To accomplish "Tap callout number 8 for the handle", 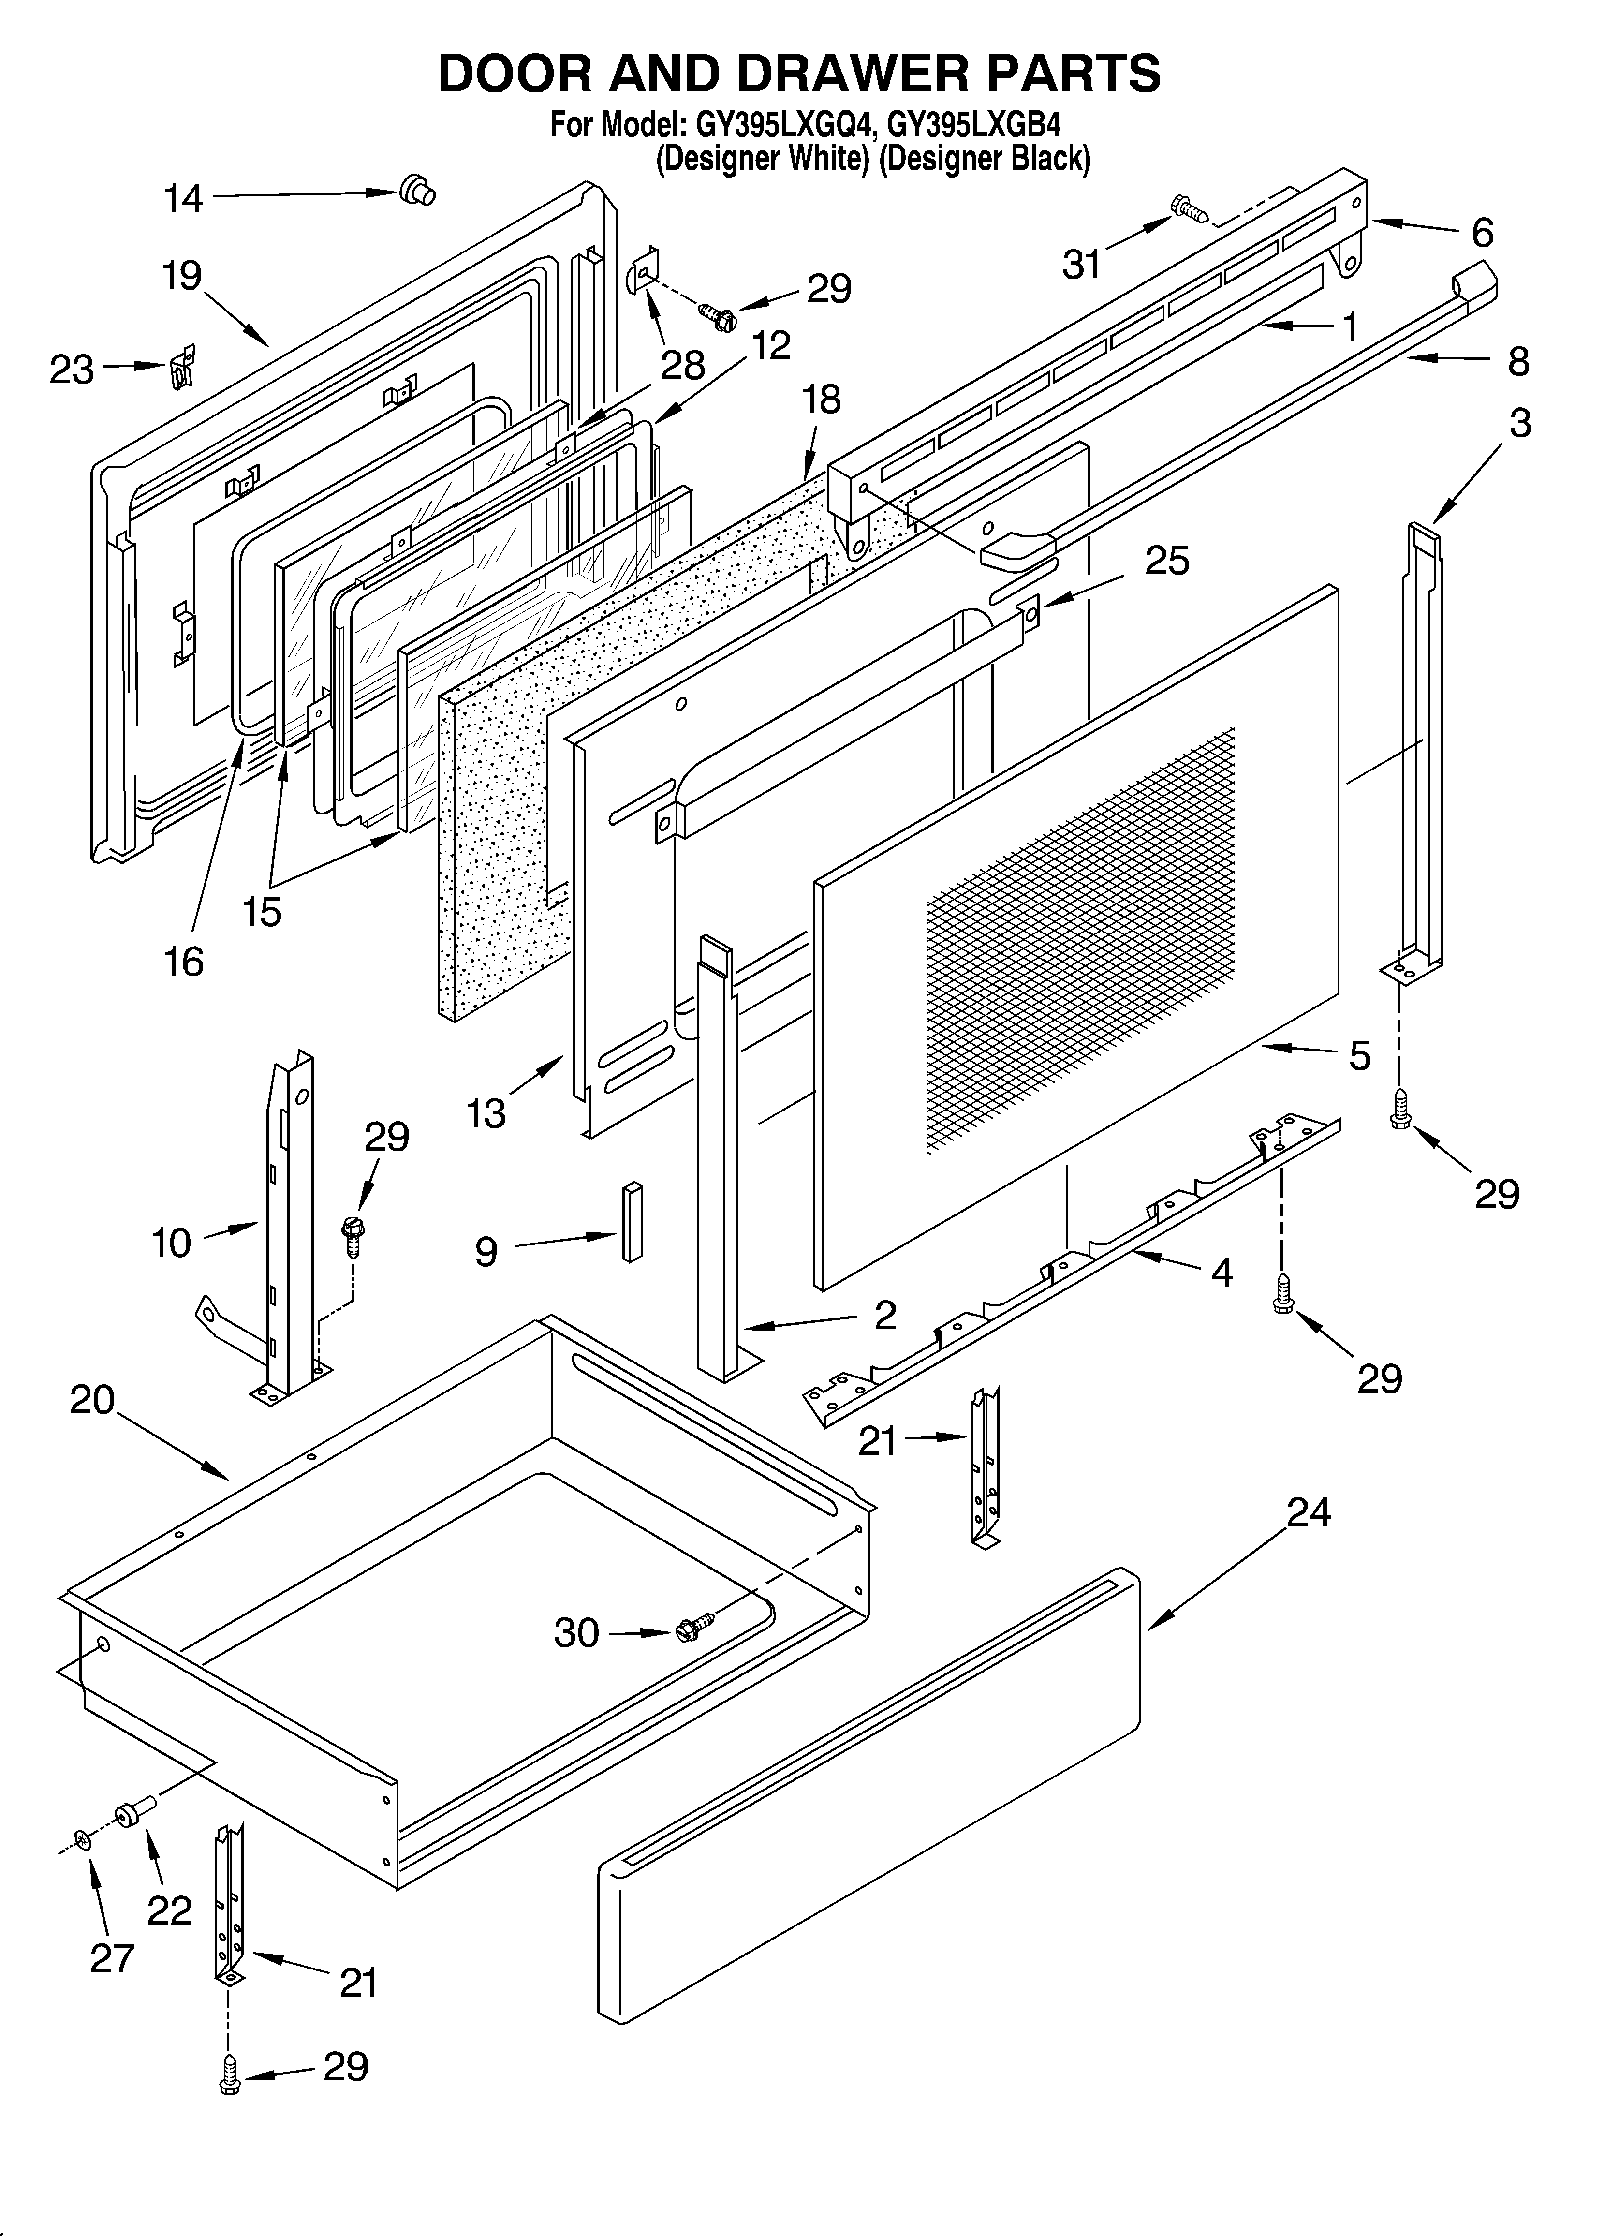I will point(1518,362).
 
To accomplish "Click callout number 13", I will point(486,1113).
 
